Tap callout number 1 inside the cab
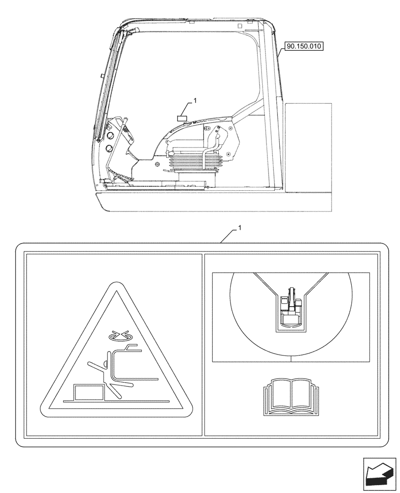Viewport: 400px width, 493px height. pos(195,100)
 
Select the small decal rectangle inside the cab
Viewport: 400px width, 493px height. pos(183,118)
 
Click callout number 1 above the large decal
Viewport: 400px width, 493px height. pos(240,228)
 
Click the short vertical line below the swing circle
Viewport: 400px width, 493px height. pos(291,358)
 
